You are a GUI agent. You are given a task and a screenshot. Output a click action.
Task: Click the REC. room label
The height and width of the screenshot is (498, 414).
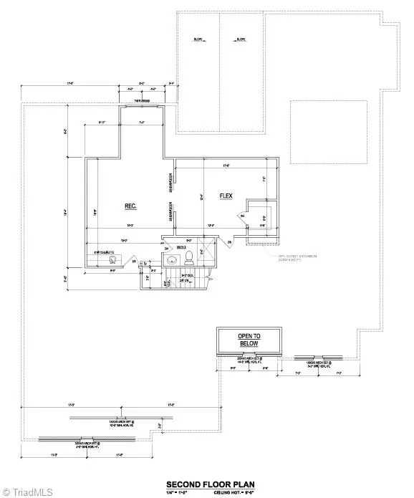(x=130, y=206)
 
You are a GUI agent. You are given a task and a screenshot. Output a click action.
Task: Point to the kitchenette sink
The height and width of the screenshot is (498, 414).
(x=113, y=260)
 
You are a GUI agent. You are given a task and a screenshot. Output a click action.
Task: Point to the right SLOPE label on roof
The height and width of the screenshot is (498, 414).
(x=241, y=40)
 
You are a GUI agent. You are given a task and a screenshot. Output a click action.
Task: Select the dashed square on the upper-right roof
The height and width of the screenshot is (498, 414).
(x=329, y=124)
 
